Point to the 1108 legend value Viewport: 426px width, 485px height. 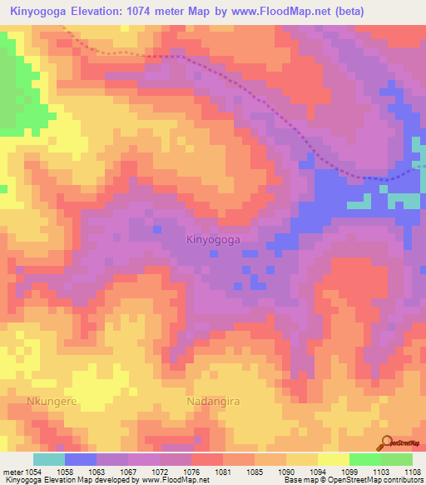coord(413,472)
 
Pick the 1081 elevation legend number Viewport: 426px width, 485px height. coord(223,472)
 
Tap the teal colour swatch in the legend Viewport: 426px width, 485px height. coord(48,459)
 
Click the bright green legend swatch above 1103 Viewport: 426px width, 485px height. coord(364,459)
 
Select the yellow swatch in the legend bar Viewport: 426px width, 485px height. coord(333,459)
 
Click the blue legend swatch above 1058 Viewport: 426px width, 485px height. coord(80,459)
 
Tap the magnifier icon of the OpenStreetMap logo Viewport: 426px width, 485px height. coord(385,442)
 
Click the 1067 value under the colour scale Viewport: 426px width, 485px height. coord(127,472)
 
